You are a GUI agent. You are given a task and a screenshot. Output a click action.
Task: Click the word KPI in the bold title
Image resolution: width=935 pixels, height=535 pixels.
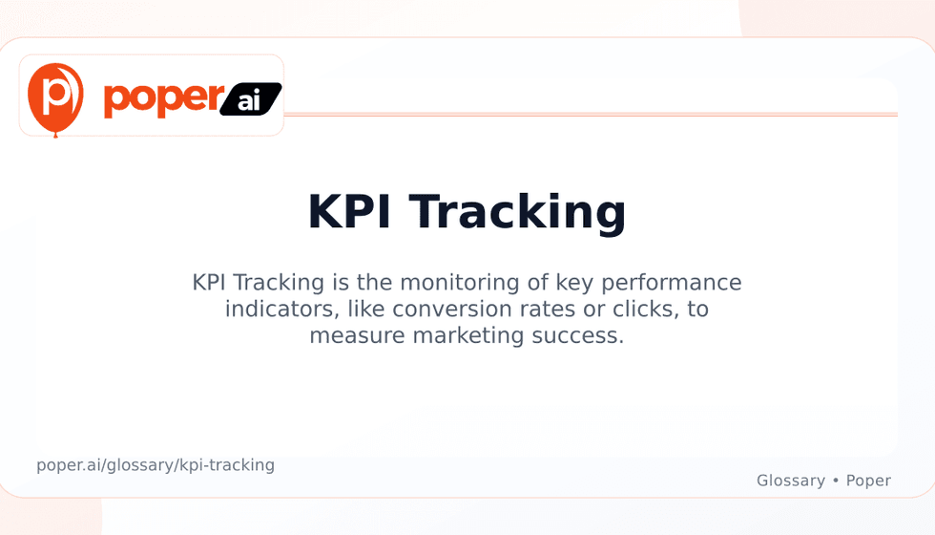[349, 211]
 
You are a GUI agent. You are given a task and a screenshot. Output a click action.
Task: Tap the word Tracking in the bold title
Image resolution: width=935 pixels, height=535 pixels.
[517, 214]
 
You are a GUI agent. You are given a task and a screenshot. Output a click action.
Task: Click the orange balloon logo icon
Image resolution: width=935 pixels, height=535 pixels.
[55, 99]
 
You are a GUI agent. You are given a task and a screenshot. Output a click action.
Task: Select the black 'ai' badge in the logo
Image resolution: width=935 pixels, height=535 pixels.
[250, 99]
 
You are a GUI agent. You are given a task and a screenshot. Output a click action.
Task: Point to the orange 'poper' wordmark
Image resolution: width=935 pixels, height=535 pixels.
[164, 98]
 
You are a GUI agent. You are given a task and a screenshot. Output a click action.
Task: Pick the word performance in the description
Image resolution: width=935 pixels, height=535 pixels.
[672, 283]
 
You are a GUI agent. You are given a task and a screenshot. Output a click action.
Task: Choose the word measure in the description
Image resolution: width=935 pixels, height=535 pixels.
[358, 335]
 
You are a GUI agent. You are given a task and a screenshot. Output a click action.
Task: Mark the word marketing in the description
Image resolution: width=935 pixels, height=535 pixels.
[468, 335]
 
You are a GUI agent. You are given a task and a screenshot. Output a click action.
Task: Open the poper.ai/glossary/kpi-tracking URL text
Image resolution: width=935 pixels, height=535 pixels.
[156, 465]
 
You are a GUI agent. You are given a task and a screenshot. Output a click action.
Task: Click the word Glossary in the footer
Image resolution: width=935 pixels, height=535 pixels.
[791, 481]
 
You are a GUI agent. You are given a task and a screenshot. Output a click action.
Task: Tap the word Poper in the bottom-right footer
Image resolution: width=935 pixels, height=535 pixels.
[868, 481]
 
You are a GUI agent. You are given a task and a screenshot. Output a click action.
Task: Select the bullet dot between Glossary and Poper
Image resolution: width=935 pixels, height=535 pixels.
[836, 480]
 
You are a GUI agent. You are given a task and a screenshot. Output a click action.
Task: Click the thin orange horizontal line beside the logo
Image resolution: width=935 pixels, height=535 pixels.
[591, 114]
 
